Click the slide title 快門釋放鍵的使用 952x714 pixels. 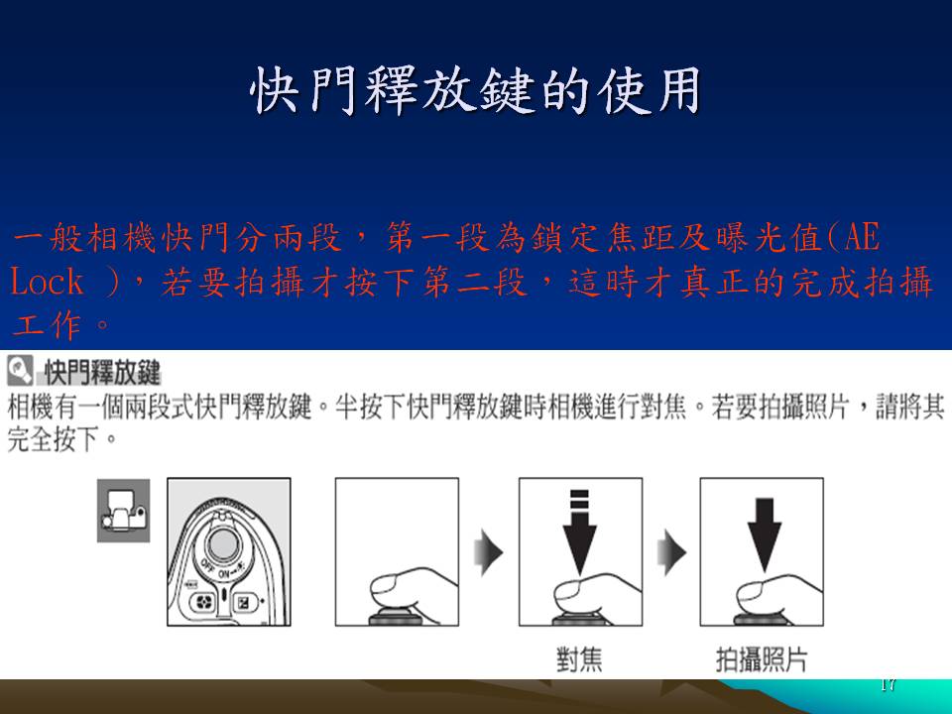(x=475, y=90)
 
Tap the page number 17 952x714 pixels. (x=888, y=685)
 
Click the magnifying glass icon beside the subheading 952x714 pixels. (x=20, y=370)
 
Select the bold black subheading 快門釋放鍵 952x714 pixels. (x=102, y=372)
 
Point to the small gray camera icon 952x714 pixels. (x=123, y=510)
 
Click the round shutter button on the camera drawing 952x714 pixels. (x=223, y=542)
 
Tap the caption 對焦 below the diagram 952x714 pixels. (x=579, y=659)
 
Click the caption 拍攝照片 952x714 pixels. (x=762, y=659)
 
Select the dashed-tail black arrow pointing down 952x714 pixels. (x=580, y=532)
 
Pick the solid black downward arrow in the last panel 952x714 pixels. (x=764, y=535)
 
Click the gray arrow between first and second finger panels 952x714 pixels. (x=489, y=552)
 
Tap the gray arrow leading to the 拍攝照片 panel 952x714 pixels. (x=671, y=552)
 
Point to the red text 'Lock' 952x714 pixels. (x=47, y=282)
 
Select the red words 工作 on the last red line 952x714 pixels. (x=48, y=325)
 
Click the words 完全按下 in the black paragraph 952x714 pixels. (x=54, y=438)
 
